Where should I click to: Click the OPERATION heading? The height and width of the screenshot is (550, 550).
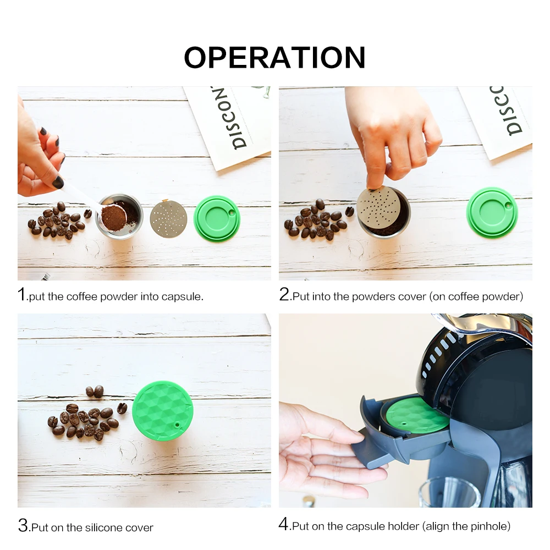(x=274, y=57)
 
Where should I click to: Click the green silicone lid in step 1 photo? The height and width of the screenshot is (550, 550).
(x=217, y=218)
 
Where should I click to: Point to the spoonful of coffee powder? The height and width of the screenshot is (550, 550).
(x=113, y=218)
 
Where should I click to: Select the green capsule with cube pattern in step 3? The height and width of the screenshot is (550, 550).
(x=162, y=411)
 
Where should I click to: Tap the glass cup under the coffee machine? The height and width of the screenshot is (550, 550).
(x=450, y=492)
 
